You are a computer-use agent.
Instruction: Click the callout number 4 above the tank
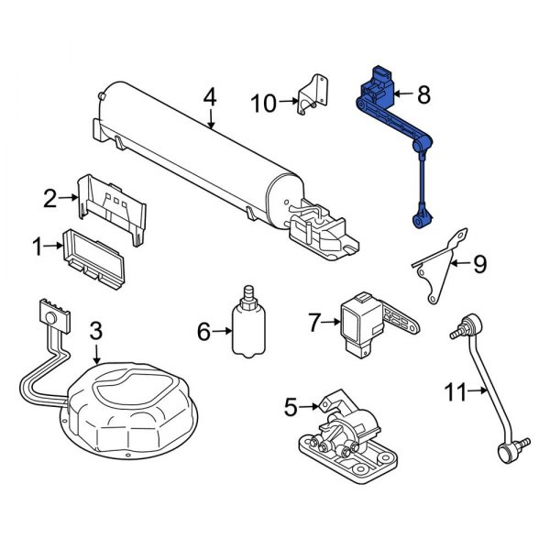[x=210, y=95]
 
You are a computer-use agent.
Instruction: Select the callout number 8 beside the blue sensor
[x=423, y=93]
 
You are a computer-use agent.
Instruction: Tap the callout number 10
[x=263, y=104]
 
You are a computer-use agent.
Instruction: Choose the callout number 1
[x=38, y=246]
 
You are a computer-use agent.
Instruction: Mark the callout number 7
[x=313, y=322]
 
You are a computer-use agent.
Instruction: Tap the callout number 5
[x=291, y=405]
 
